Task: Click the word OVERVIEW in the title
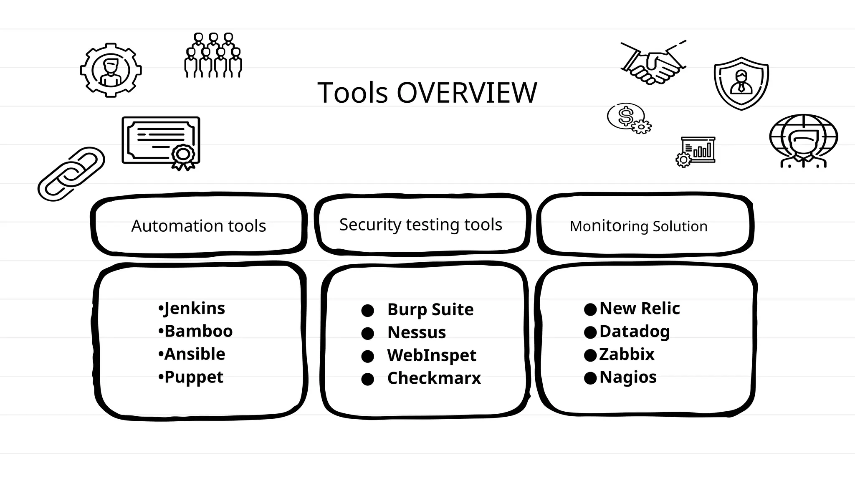(466, 93)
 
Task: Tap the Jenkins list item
(194, 309)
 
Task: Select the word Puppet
(194, 377)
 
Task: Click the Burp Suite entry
(430, 310)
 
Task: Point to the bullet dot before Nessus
(367, 333)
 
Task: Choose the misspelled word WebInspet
(431, 355)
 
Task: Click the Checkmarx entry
(434, 378)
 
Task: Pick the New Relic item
(639, 309)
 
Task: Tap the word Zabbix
(626, 354)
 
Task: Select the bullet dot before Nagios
(590, 378)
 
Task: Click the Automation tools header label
(198, 226)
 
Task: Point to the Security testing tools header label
(420, 225)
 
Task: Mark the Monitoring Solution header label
(638, 226)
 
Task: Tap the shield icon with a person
(741, 83)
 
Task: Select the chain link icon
(71, 174)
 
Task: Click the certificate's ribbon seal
(183, 156)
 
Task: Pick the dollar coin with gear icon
(629, 118)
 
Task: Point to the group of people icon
(213, 56)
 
